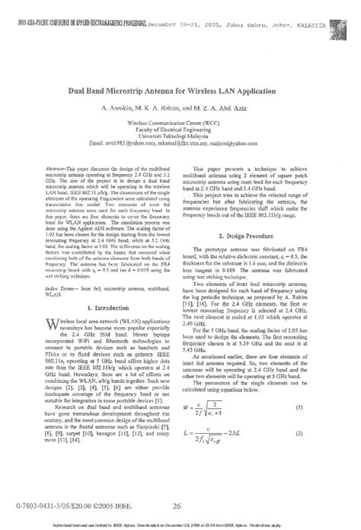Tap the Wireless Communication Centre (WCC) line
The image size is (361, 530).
click(180, 121)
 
